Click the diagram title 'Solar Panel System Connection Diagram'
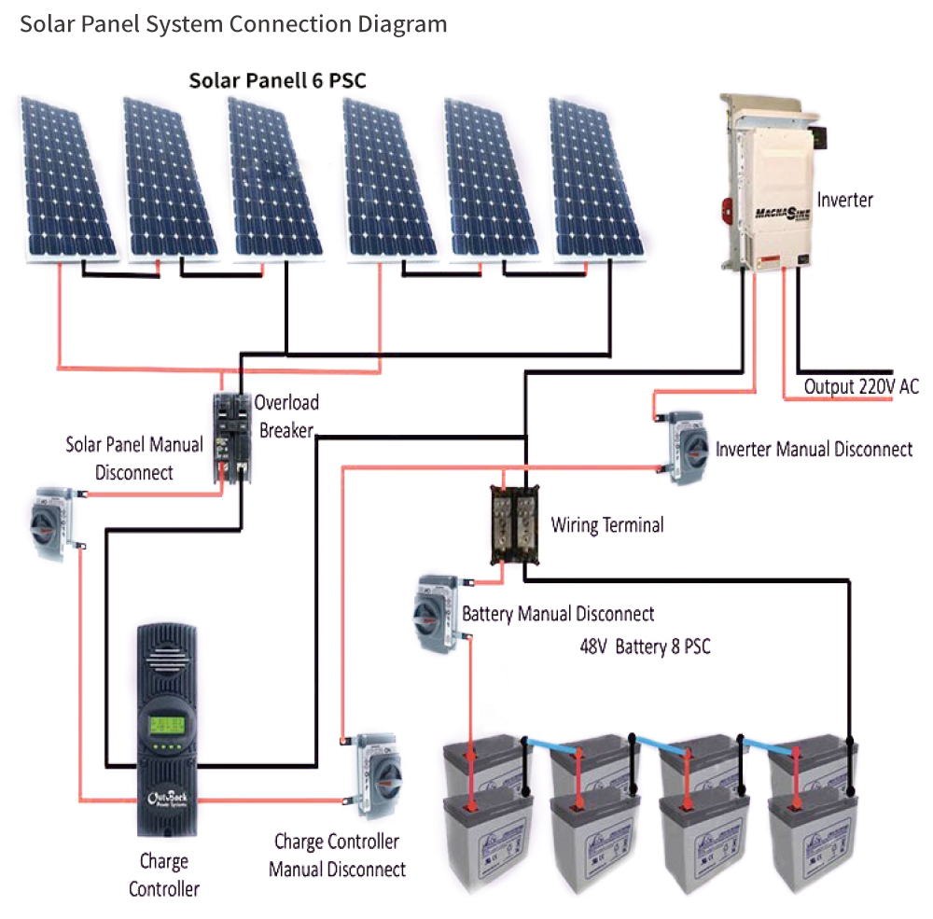coord(233,23)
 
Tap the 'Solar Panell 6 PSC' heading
coord(277,80)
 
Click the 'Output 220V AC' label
coord(861,386)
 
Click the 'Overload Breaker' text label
coord(286,416)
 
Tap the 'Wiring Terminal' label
coord(607,524)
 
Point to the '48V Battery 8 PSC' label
coord(645,646)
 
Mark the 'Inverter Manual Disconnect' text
coord(814,450)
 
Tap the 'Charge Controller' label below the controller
coord(164,874)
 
